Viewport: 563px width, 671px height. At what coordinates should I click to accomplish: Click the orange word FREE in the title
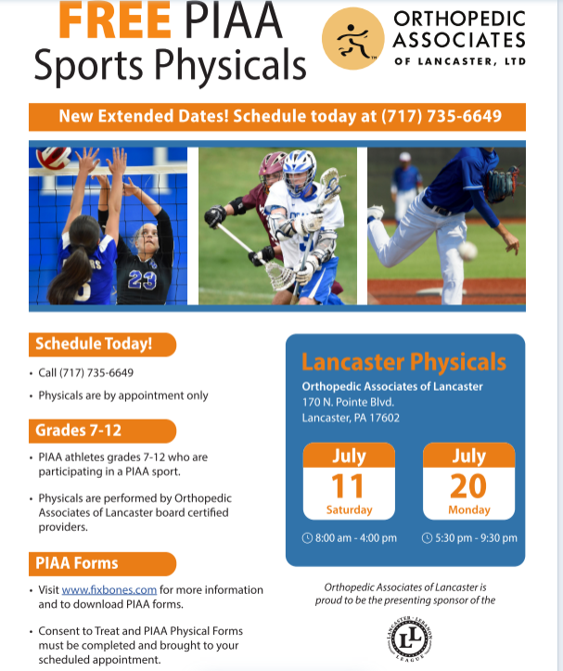pos(115,20)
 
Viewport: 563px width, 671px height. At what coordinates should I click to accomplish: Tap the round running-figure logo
pos(352,38)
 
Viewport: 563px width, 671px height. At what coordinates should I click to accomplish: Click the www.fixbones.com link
pos(109,589)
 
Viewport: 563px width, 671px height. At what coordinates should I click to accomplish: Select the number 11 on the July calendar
pos(348,486)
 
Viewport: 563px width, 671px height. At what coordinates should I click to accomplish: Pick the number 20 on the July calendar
pos(468,486)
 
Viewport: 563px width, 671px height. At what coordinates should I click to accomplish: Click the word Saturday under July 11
pos(349,510)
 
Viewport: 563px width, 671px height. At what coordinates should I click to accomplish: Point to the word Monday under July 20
pos(469,510)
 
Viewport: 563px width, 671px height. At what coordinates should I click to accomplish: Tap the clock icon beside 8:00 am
pos(307,538)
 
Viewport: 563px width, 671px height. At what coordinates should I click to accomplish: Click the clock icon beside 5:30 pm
pos(427,538)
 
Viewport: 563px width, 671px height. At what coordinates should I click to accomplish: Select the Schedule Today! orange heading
pos(102,344)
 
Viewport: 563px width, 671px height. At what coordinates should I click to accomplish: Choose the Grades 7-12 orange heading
pos(102,431)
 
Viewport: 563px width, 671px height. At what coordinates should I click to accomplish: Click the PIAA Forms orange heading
pos(102,563)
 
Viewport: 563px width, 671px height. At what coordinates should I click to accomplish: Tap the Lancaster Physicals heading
pos(403,362)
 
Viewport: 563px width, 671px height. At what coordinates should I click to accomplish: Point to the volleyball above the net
pos(53,157)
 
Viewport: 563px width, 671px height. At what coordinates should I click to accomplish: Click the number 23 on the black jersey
pos(142,280)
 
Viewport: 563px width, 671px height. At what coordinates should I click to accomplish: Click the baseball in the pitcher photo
pos(467,252)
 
